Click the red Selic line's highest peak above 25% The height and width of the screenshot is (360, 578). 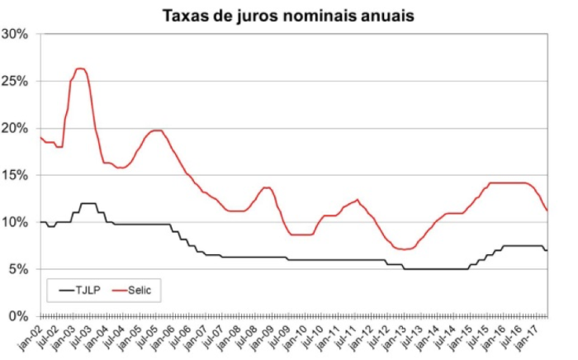(x=80, y=69)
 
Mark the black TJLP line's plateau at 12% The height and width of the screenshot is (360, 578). (x=88, y=203)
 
